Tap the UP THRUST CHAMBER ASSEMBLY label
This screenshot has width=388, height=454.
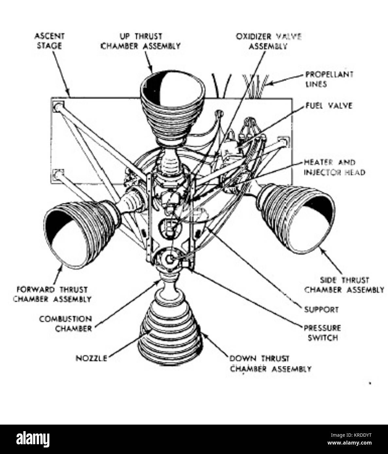pos(141,41)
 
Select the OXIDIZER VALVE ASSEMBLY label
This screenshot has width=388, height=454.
pos(268,41)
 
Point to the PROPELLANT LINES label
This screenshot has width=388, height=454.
pos(329,79)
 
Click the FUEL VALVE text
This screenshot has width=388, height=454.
pos(329,106)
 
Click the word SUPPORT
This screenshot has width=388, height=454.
pos(321,309)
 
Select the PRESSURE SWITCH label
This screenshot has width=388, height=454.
pos(323,332)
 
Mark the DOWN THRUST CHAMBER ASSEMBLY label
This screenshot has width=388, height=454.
pos(270,364)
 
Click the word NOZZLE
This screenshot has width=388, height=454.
pos(91,358)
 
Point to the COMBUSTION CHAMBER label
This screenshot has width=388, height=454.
pos(65,323)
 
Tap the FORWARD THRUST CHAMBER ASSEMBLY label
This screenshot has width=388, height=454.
pos(52,294)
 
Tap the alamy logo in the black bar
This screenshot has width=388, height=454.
pos(33,439)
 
